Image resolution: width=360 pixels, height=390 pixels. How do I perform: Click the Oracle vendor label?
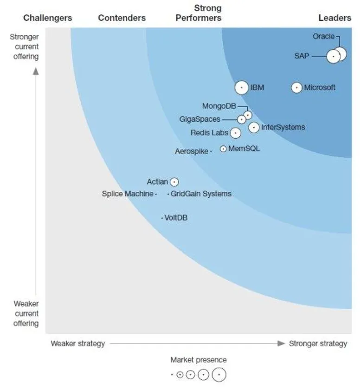pos(323,36)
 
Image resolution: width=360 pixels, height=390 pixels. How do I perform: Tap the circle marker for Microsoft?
pos(296,88)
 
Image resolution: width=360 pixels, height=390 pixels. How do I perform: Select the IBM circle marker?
pos(241,88)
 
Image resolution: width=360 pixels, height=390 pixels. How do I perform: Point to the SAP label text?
pos(302,56)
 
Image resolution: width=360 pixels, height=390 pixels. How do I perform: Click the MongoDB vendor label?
pos(219,106)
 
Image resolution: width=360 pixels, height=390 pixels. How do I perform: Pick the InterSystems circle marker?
pos(254,127)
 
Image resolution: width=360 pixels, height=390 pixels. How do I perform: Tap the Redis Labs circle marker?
pos(236,133)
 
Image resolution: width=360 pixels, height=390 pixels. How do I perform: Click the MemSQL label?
pos(244,149)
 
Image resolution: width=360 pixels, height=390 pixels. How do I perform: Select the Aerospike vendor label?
pos(192,151)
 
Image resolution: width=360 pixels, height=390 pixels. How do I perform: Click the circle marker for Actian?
pos(174,182)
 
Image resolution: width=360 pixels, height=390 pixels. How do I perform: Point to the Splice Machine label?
pos(127,194)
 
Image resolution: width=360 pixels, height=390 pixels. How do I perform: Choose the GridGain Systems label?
pos(201,194)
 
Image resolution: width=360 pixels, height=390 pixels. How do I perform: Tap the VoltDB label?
pos(176,218)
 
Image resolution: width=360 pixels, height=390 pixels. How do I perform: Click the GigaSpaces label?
pos(199,119)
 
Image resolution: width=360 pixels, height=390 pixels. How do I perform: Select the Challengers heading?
pos(48,18)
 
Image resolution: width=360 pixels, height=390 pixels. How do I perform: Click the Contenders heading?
pos(122,18)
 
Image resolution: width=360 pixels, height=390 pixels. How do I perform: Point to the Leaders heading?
pos(334,18)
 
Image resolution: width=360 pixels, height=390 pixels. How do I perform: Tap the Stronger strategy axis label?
pos(318,344)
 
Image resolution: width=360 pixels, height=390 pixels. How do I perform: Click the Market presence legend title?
pos(199,360)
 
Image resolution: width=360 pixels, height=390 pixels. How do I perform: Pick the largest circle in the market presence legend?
pos(219,374)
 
